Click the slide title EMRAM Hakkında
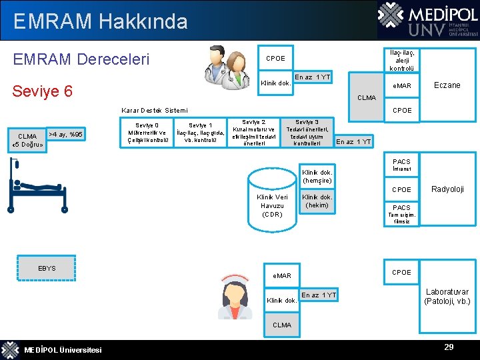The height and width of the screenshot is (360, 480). (100, 21)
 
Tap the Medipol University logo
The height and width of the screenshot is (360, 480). (427, 20)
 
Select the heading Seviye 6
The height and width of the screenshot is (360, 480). (43, 91)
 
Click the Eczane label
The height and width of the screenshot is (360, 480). (447, 85)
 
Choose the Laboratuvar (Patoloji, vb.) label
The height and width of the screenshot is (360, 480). (447, 297)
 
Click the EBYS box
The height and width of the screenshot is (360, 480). (47, 268)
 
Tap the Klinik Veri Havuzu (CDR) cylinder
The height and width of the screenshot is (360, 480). (272, 199)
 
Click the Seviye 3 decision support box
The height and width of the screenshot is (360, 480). (307, 133)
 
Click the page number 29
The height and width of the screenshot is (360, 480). (449, 347)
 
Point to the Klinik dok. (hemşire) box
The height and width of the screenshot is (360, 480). (317, 176)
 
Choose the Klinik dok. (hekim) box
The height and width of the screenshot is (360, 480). (317, 201)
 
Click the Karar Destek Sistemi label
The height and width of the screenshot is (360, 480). (155, 110)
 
